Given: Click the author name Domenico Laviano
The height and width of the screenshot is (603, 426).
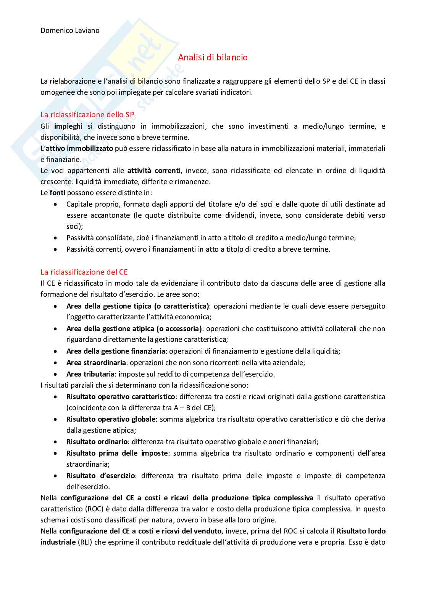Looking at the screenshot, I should pyautogui.click(x=70, y=31).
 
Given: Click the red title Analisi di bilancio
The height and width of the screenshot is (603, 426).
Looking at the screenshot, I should pyautogui.click(x=213, y=57).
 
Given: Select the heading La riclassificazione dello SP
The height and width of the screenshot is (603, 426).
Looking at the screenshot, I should pyautogui.click(x=87, y=115).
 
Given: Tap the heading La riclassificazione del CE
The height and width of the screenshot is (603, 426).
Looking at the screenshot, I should pyautogui.click(x=84, y=272).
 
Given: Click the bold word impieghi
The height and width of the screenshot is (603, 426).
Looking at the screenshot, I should pyautogui.click(x=68, y=126).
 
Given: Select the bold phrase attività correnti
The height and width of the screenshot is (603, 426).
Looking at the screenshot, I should pyautogui.click(x=154, y=171).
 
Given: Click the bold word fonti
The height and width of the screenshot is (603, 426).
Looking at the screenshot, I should pyautogui.click(x=57, y=193).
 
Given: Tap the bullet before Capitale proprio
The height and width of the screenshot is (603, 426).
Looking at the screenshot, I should pyautogui.click(x=56, y=204).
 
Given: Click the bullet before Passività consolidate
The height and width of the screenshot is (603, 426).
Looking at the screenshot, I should pyautogui.click(x=56, y=238).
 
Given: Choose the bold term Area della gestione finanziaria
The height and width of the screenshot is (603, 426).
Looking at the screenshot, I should pyautogui.click(x=116, y=351).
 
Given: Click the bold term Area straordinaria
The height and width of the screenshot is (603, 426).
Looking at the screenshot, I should pyautogui.click(x=96, y=363).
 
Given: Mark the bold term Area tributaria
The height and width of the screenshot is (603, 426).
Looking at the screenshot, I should pyautogui.click(x=90, y=374).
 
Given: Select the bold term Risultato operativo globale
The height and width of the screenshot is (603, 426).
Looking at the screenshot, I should pyautogui.click(x=111, y=419).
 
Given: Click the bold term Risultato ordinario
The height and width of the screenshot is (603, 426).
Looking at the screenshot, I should pyautogui.click(x=97, y=442).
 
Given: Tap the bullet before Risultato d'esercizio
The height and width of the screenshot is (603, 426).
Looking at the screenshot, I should pyautogui.click(x=56, y=476).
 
